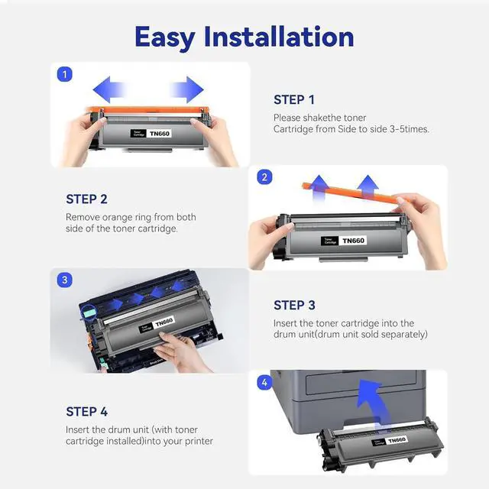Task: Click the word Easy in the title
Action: click(x=165, y=38)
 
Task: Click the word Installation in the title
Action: click(x=279, y=37)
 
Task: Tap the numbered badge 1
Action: click(x=64, y=75)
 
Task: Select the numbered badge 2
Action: click(x=264, y=177)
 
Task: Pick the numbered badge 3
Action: click(x=64, y=280)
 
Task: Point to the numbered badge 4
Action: click(x=264, y=382)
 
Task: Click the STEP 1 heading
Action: click(x=294, y=100)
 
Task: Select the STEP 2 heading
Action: click(x=86, y=199)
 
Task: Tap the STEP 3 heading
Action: click(x=294, y=306)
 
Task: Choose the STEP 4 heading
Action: click(x=86, y=412)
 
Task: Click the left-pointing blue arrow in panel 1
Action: click(x=110, y=90)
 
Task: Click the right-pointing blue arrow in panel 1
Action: click(x=186, y=90)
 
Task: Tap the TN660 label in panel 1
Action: click(x=160, y=134)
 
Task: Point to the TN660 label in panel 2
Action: click(x=353, y=241)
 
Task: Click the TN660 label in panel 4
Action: click(x=397, y=440)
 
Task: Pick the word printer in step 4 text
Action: click(x=199, y=442)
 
